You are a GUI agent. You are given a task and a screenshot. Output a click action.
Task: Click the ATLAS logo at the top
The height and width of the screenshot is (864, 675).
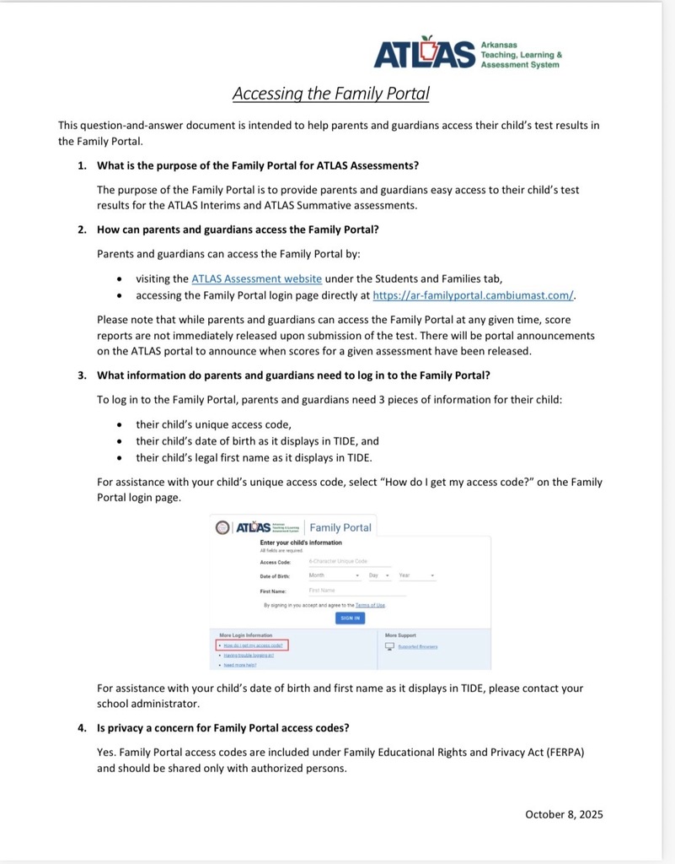click(x=468, y=52)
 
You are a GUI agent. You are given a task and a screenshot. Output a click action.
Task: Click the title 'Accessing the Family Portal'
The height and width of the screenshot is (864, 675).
click(x=330, y=93)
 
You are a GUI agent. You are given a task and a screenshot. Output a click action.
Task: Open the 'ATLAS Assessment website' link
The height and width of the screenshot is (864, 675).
click(x=256, y=278)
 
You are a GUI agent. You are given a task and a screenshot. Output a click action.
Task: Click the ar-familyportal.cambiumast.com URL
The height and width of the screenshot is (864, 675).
click(x=473, y=294)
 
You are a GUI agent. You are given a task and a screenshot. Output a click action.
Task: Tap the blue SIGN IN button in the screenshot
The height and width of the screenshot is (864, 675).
click(x=350, y=618)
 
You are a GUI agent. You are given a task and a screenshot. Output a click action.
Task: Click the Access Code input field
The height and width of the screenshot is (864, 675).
click(x=349, y=561)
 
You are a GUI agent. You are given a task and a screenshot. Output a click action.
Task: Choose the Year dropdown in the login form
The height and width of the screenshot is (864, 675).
click(x=416, y=575)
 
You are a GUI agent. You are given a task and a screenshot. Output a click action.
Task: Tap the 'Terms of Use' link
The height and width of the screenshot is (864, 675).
click(x=370, y=605)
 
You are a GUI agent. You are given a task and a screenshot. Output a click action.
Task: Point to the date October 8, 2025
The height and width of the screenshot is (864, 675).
click(x=564, y=814)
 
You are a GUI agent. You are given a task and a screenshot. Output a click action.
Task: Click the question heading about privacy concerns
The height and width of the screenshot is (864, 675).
click(x=222, y=728)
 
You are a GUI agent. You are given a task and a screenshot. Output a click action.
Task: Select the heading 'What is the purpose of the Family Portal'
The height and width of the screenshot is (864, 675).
click(x=258, y=165)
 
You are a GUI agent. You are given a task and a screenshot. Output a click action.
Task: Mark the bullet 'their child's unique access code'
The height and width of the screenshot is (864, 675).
click(x=213, y=424)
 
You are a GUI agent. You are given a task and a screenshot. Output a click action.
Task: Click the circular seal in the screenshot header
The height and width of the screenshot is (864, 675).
click(x=222, y=527)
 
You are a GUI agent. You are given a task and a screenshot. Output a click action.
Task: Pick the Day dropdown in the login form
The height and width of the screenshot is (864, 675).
click(x=378, y=575)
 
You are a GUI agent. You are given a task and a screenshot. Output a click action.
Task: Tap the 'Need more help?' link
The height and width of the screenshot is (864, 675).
click(x=239, y=664)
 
